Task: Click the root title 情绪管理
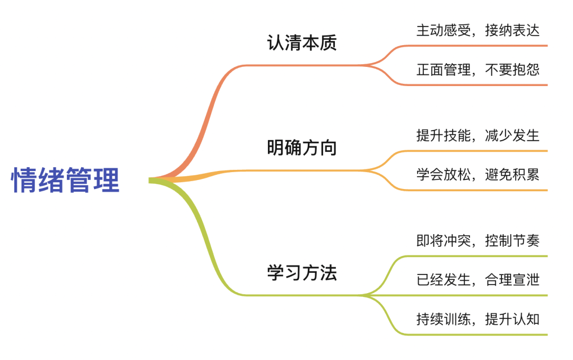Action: coord(66,181)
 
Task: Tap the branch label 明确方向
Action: coord(301,148)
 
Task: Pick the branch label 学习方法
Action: coord(301,273)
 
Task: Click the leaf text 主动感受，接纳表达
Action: coord(477,30)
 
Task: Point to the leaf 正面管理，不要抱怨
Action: coord(477,70)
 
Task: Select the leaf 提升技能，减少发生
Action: coord(477,135)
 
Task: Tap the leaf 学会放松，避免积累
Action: coord(477,174)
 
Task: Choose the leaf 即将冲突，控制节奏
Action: coord(477,241)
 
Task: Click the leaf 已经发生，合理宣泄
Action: coord(477,280)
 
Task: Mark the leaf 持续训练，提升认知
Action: coord(477,319)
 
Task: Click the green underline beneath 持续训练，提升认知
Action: coord(477,335)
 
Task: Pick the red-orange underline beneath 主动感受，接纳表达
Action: coord(477,46)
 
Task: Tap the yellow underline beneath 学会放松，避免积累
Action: coord(477,190)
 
